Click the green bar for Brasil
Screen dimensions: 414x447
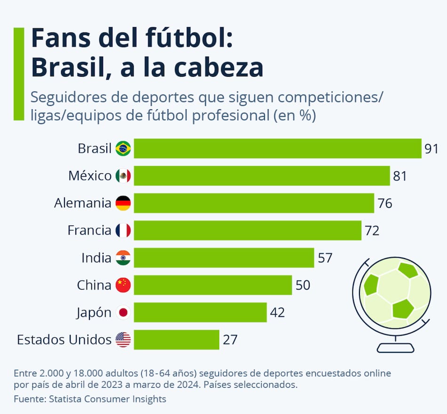click(x=277, y=149)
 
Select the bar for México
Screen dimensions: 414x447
click(x=262, y=176)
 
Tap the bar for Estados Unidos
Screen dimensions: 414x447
click(x=176, y=340)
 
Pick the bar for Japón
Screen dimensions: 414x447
click(x=200, y=312)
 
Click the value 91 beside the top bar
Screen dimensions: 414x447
click(x=431, y=149)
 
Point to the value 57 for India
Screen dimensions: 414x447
click(x=325, y=258)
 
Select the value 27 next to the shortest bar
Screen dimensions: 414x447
click(x=230, y=340)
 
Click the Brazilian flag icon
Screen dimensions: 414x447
click(x=123, y=149)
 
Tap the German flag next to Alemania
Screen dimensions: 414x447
click(x=123, y=203)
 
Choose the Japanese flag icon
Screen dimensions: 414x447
click(x=123, y=312)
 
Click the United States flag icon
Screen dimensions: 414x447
click(x=123, y=340)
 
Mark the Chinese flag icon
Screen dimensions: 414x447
click(x=123, y=285)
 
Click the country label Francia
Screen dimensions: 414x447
click(x=89, y=231)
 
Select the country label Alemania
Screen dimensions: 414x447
click(x=83, y=203)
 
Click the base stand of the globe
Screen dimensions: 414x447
click(x=396, y=348)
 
